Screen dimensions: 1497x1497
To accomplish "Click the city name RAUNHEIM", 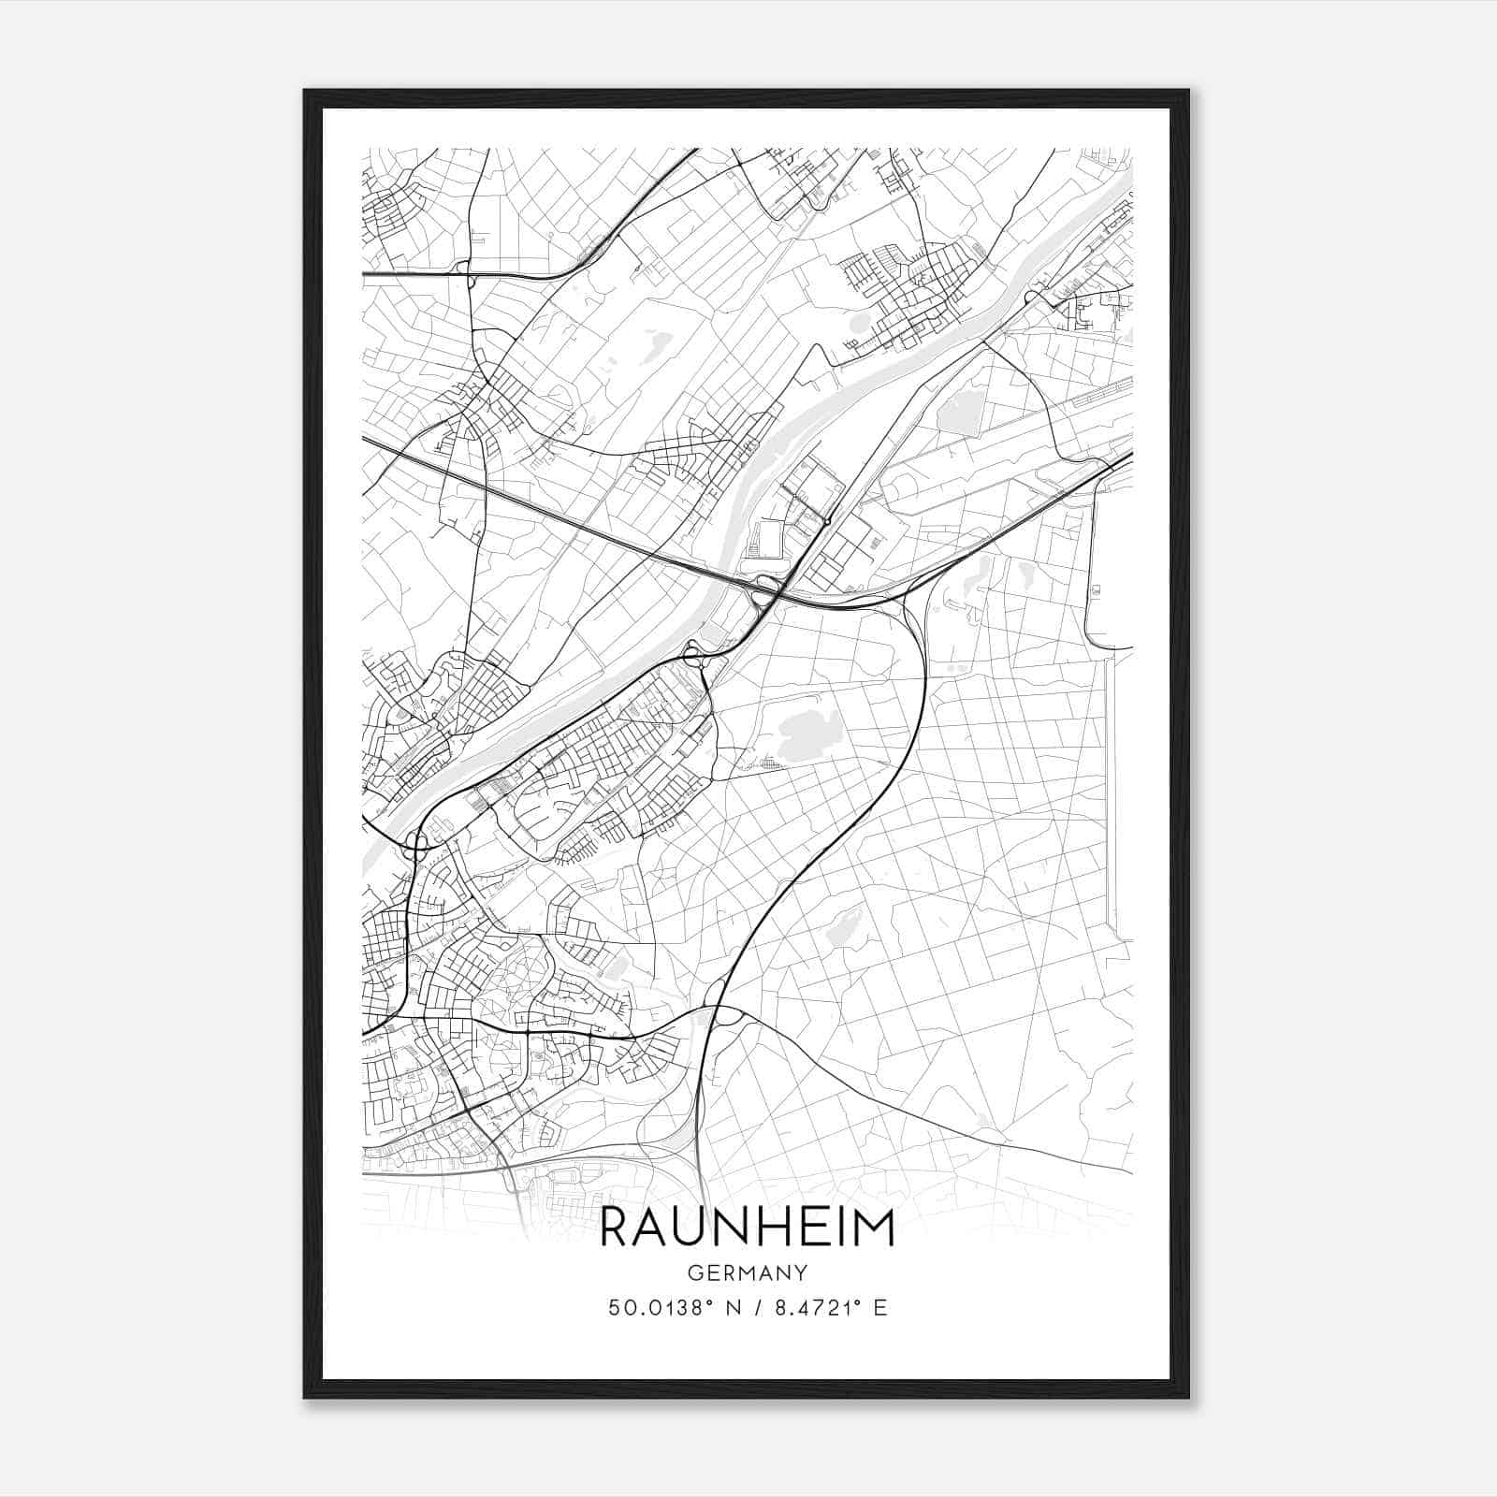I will (747, 1228).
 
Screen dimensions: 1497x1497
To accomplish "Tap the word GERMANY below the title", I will (747, 1273).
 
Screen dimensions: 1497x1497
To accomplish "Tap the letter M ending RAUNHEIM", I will (876, 1228).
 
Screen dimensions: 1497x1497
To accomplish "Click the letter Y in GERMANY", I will (801, 1273).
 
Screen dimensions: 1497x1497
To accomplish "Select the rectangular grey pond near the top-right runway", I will (956, 412).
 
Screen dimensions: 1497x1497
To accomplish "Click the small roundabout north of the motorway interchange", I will (829, 520).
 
